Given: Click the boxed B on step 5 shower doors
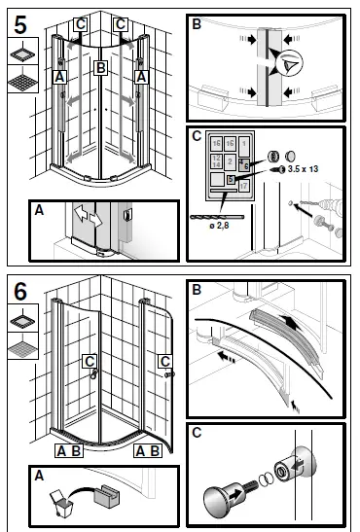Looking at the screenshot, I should click(x=99, y=68).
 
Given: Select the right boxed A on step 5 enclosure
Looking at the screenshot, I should click(x=141, y=75).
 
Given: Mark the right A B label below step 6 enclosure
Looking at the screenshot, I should click(x=148, y=451).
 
